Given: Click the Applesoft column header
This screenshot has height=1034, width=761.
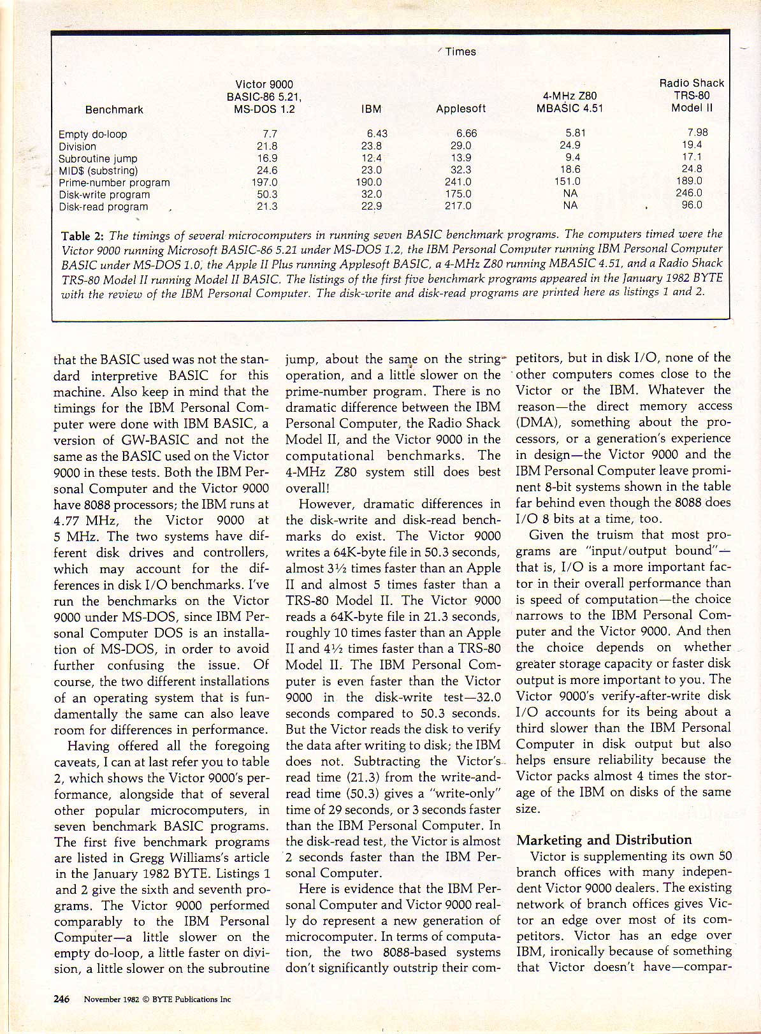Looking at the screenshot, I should point(461,109).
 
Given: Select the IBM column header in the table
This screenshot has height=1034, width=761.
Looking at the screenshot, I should point(371,109).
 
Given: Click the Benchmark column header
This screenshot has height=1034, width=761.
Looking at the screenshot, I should point(114,110).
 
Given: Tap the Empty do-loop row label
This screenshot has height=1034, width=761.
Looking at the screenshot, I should point(92,135).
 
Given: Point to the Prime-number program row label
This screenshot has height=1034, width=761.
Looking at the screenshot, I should point(114,183).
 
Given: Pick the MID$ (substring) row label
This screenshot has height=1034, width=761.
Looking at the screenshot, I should point(98,171).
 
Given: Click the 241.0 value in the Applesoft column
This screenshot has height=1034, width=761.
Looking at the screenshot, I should point(458,182).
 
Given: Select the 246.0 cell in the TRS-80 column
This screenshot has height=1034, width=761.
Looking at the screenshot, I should point(689,193).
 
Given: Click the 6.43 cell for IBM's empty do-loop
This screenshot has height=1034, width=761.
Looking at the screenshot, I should point(377,134).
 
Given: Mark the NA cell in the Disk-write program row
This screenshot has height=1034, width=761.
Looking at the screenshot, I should point(570,194).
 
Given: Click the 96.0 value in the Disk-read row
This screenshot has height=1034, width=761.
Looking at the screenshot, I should point(692,205).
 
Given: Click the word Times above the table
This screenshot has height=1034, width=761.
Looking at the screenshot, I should point(460,52).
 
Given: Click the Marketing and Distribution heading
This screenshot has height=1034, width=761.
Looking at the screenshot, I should point(604,840).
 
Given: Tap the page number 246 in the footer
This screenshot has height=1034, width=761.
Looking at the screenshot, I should point(62,999).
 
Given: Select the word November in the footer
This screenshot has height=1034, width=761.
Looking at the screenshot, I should point(102,1000).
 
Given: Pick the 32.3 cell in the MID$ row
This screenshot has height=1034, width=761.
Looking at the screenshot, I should point(460,170).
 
